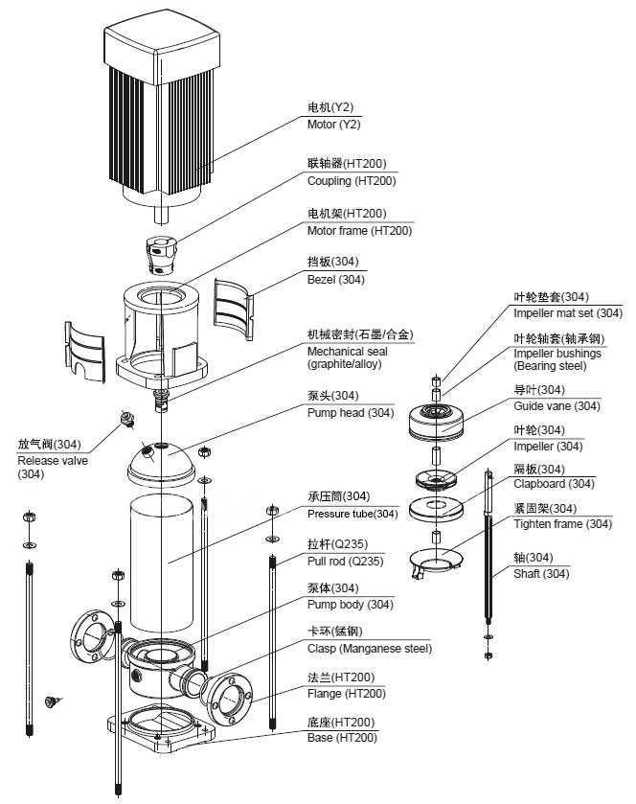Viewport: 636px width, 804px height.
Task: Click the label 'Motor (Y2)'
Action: pyautogui.click(x=333, y=125)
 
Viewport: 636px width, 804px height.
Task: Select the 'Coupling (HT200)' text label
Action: pyautogui.click(x=351, y=180)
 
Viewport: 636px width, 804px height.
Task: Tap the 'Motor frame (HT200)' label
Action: pyautogui.click(x=359, y=231)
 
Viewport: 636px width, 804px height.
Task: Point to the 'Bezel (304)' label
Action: pyautogui.click(x=335, y=280)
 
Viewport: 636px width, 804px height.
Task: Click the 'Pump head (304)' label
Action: pyautogui.click(x=350, y=413)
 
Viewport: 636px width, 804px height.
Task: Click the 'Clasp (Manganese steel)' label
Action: pyautogui.click(x=369, y=649)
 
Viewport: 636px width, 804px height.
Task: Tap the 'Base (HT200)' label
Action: pyautogui.click(x=342, y=738)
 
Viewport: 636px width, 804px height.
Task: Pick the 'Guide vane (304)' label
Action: pyautogui.click(x=556, y=406)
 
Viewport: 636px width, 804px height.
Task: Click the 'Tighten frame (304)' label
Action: pyautogui.click(x=562, y=524)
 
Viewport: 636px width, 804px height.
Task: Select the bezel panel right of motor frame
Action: pyautogui.click(x=234, y=307)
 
